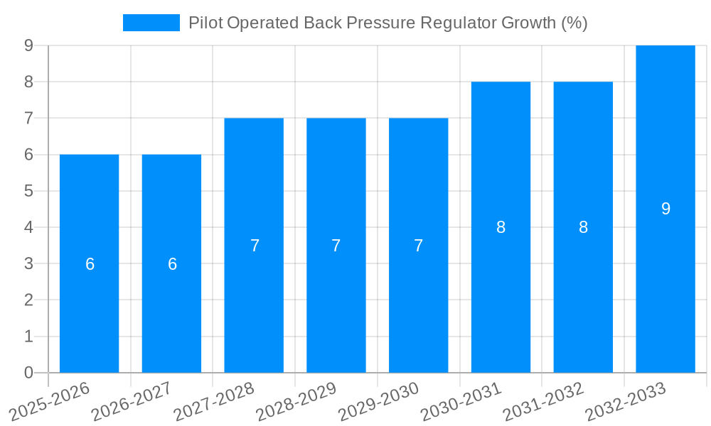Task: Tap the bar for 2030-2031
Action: click(x=501, y=298)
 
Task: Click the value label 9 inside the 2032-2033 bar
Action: click(x=665, y=209)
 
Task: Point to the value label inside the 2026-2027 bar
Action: click(x=172, y=264)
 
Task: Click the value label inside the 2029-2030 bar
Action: click(x=419, y=246)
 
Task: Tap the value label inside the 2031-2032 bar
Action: click(x=583, y=227)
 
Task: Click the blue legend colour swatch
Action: click(x=151, y=23)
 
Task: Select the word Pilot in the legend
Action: click(x=203, y=23)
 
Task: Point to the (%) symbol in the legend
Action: click(x=574, y=23)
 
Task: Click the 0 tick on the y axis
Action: click(x=28, y=373)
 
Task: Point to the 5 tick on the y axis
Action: click(x=28, y=191)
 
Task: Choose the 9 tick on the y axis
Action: click(x=28, y=45)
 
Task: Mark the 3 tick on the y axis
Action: click(x=28, y=263)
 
